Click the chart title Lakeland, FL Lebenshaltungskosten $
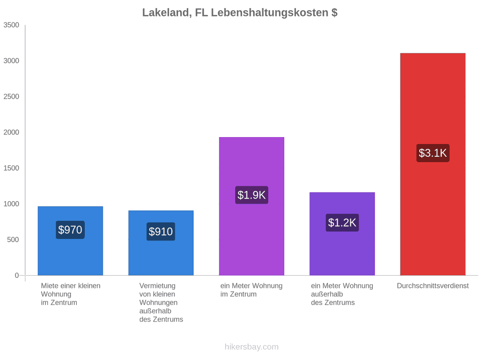239,13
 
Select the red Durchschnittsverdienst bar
433,164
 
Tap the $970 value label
70,230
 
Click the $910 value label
161,231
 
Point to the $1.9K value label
252,195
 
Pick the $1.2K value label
342,222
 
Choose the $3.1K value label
433,153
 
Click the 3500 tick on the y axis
11,25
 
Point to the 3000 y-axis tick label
11,61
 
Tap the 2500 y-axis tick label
11,97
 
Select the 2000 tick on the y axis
11,132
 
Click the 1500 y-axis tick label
11,168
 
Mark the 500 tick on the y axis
13,239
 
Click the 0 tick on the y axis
17,276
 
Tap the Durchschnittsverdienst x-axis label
433,286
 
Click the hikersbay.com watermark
252,347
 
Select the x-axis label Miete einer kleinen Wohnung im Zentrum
71,294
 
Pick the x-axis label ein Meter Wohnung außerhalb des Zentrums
342,294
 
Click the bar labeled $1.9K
252,206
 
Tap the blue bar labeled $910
161,243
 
